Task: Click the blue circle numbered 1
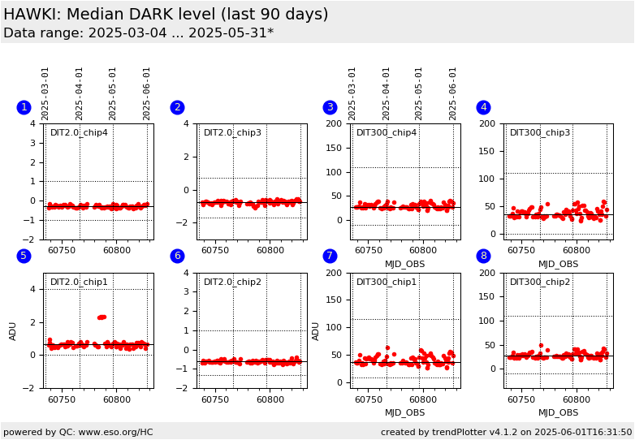pos(24,107)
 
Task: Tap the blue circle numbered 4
pos(483,107)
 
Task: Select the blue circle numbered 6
pos(177,256)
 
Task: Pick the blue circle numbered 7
pos(330,256)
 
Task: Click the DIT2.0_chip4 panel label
pos(79,133)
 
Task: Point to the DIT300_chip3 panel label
pos(540,133)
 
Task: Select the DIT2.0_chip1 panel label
pos(79,283)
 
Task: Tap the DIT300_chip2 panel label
pos(540,283)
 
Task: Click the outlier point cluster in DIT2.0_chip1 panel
pos(102,317)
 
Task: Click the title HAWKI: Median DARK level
pos(166,15)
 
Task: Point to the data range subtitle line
pos(138,33)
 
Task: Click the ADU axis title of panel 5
pos(14,330)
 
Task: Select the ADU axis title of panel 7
pos(316,330)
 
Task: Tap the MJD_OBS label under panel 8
pos(559,412)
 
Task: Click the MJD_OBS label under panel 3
pos(405,264)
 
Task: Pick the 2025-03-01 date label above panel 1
pos(45,93)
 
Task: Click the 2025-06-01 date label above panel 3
pos(453,93)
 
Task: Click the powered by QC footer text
pos(78,432)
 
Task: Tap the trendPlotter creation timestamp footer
pos(507,432)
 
